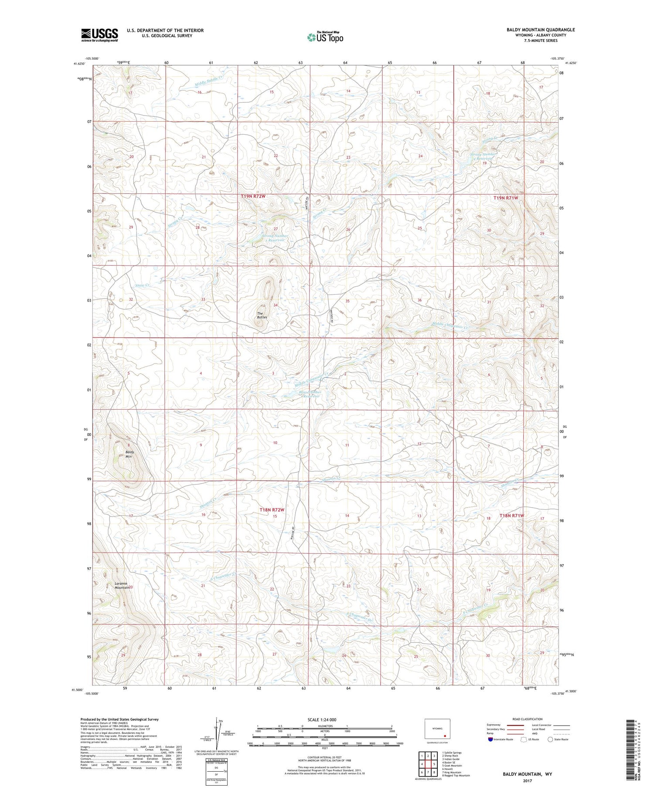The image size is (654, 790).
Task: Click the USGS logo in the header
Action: (x=99, y=35)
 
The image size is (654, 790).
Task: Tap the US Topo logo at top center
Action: (x=325, y=37)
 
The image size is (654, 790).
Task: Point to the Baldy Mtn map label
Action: (x=129, y=454)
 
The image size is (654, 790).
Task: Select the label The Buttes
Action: (x=262, y=315)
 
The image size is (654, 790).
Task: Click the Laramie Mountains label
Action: (x=122, y=585)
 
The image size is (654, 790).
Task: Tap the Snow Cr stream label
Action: (x=143, y=285)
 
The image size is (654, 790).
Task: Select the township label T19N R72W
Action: (x=253, y=197)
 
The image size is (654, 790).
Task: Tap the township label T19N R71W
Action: (x=506, y=198)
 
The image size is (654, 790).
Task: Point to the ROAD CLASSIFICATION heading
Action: (x=528, y=719)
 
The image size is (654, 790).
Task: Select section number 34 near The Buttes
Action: (x=276, y=305)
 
